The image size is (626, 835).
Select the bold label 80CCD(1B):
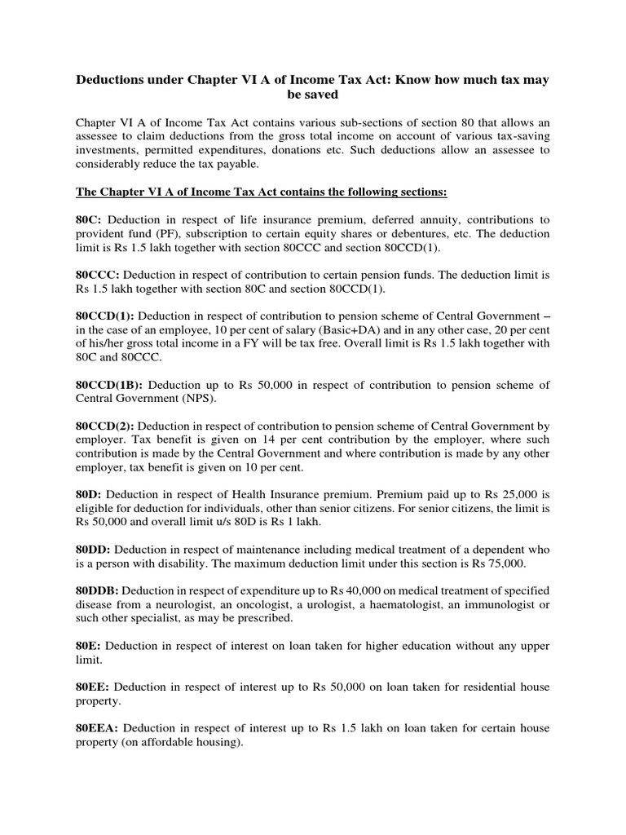coord(108,385)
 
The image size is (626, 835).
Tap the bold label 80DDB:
coord(98,590)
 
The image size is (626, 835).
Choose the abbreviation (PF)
coord(177,234)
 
